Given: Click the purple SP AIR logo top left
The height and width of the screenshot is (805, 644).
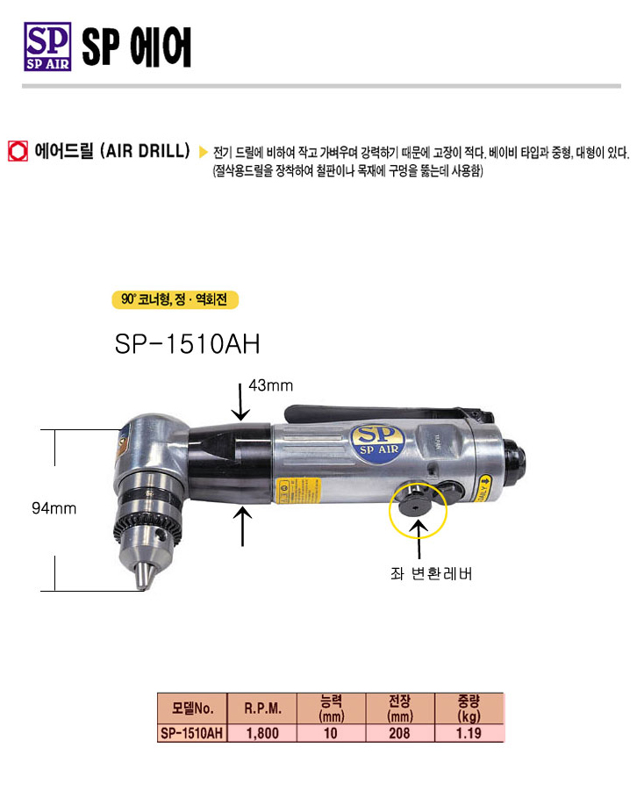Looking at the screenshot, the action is click(x=47, y=47).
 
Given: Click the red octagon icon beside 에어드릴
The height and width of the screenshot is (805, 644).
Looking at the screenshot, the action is click(x=18, y=152).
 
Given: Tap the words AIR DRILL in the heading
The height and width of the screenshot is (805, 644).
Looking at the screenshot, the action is click(x=145, y=151).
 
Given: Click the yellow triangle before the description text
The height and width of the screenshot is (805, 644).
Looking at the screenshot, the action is click(x=204, y=152).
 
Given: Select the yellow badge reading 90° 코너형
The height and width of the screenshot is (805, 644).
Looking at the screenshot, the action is click(x=175, y=299).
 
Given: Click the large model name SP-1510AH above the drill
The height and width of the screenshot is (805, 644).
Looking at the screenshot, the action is click(x=187, y=343).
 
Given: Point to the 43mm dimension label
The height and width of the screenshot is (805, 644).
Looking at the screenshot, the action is click(x=270, y=385).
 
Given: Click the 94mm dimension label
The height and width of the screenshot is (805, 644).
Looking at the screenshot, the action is click(x=54, y=508).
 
